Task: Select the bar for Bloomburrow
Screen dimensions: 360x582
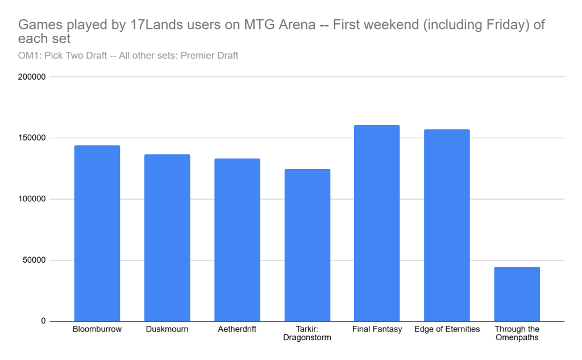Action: [x=97, y=233]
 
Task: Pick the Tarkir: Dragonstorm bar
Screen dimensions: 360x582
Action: [x=307, y=245]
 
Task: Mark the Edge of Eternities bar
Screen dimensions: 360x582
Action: [x=447, y=225]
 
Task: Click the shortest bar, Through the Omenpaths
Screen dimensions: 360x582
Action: [x=517, y=294]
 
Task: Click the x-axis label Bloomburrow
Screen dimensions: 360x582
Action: [x=97, y=329]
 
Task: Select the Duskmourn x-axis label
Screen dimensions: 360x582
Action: [x=167, y=329]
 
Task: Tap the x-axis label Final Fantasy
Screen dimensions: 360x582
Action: [x=377, y=329]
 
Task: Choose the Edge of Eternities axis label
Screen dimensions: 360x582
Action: [x=447, y=329]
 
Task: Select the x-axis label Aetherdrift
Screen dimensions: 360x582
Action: [x=237, y=329]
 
